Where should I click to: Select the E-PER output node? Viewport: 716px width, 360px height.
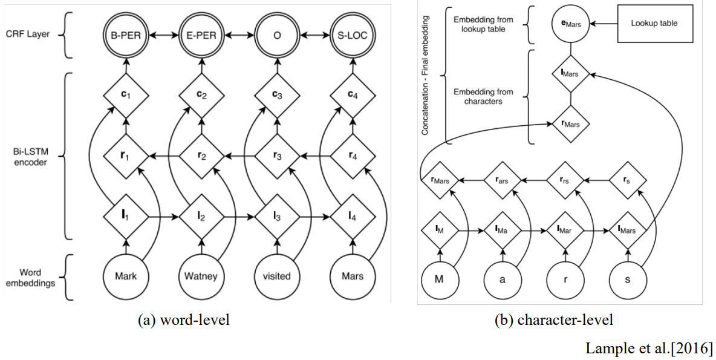pyautogui.click(x=201, y=35)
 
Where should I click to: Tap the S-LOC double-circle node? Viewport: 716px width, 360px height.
pyautogui.click(x=353, y=35)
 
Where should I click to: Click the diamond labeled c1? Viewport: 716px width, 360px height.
pyautogui.click(x=126, y=96)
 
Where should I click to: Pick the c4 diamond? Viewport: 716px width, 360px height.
pyautogui.click(x=353, y=96)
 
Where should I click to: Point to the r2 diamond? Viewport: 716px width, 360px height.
pyautogui.click(x=201, y=156)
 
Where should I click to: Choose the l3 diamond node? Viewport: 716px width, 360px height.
pyautogui.click(x=277, y=217)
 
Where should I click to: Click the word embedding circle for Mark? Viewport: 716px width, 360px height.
pyautogui.click(x=126, y=277)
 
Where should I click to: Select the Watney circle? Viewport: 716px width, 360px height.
pyautogui.click(x=201, y=277)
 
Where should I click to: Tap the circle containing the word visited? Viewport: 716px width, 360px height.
pyautogui.click(x=277, y=277)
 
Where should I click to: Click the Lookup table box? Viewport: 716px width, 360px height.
pyautogui.click(x=654, y=24)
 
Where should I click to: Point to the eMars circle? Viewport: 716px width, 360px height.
pyautogui.click(x=571, y=24)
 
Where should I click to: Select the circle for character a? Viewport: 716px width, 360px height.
pyautogui.click(x=503, y=279)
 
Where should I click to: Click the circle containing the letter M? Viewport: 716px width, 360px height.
pyautogui.click(x=439, y=279)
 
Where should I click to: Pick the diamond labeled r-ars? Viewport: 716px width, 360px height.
pyautogui.click(x=503, y=180)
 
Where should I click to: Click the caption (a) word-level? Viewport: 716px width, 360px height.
pyautogui.click(x=184, y=320)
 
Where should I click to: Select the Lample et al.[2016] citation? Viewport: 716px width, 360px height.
pyautogui.click(x=649, y=348)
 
